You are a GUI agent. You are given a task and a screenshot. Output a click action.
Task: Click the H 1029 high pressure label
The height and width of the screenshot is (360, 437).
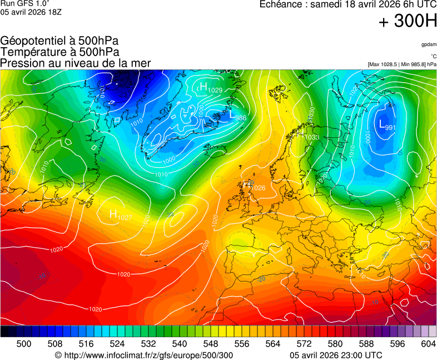(211, 87)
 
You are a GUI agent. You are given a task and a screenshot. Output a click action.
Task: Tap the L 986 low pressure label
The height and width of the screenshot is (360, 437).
(237, 115)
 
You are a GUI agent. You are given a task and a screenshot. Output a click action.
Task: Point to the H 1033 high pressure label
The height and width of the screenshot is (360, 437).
(307, 136)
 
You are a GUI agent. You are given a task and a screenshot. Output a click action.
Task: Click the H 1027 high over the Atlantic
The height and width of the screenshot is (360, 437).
(120, 214)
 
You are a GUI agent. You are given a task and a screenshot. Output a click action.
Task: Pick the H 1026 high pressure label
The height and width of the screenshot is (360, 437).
(254, 186)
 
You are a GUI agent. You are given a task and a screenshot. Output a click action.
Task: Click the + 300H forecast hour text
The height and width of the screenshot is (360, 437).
(408, 22)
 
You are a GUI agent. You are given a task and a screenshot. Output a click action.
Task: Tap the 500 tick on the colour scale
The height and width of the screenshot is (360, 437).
(24, 344)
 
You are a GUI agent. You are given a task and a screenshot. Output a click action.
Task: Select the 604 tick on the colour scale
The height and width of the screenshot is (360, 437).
(428, 344)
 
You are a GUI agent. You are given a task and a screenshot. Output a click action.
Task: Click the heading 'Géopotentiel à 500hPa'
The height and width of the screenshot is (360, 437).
(59, 41)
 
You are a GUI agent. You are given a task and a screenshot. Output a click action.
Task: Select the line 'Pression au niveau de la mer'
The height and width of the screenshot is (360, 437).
(76, 63)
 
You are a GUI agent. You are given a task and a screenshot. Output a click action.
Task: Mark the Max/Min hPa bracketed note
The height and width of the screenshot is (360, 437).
(402, 64)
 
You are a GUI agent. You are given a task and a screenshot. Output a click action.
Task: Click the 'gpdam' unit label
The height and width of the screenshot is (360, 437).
(428, 44)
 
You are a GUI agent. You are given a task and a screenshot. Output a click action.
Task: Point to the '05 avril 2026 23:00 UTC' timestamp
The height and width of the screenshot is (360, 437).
(336, 355)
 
